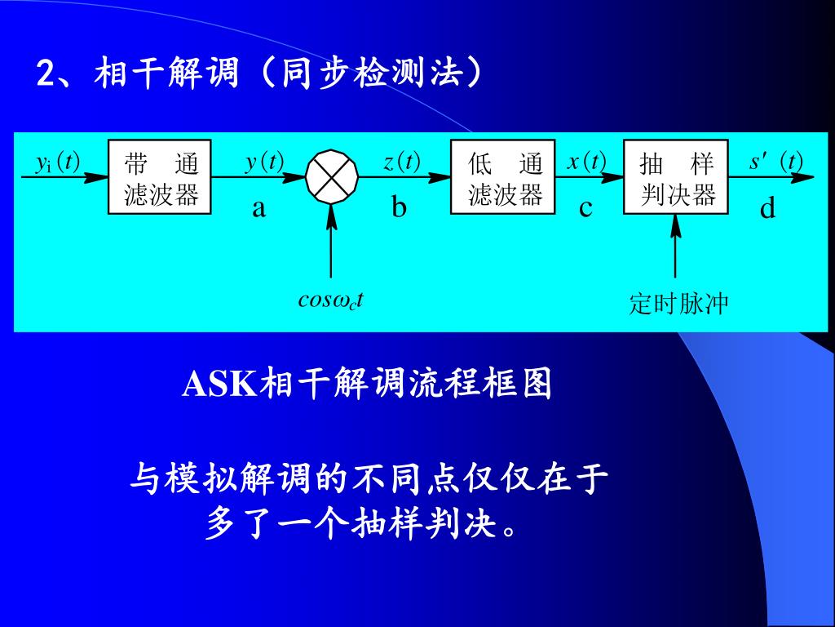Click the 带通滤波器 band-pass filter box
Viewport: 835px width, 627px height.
click(160, 177)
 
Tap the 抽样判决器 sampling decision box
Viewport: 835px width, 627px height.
click(675, 177)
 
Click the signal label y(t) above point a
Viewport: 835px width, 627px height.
click(264, 162)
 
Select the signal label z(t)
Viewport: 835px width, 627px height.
click(401, 162)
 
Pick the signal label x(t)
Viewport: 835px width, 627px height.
click(586, 162)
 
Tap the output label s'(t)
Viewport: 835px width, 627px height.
click(775, 162)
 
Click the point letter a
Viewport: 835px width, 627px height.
click(258, 209)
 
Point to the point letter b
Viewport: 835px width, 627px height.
click(398, 207)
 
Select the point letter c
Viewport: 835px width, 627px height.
click(585, 209)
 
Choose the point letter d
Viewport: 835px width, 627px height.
click(767, 209)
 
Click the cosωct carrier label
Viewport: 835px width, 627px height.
click(330, 300)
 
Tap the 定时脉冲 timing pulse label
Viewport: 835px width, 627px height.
click(678, 305)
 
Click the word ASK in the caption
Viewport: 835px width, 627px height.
click(219, 384)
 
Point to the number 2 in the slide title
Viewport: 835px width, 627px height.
click(46, 75)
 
